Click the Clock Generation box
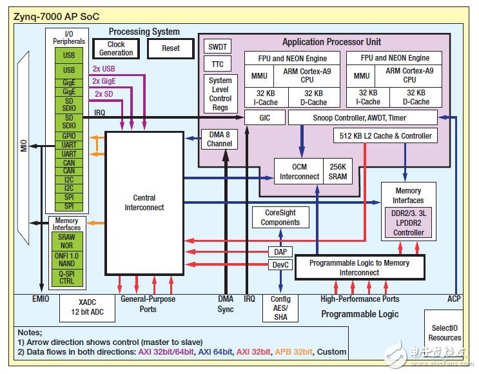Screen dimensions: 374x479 116,48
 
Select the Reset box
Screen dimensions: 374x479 171,48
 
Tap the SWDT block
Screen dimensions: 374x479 217,46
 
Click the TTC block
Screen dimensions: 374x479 217,64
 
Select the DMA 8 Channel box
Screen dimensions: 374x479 217,139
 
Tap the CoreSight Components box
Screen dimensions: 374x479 280,217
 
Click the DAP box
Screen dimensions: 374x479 280,252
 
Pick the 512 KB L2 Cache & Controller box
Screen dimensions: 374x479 385,136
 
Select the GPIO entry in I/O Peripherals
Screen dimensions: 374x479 68,137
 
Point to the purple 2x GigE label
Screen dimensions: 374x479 104,81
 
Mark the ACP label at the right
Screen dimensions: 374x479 454,299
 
